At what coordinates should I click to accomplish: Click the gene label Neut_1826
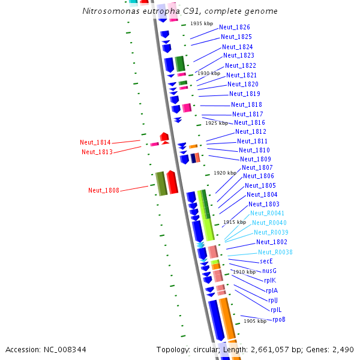pos(235,28)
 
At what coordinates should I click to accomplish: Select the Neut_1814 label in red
pos(95,143)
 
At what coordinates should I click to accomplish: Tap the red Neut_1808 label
pos(104,191)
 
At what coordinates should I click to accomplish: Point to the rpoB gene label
pos(279,320)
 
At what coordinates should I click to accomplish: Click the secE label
pos(266,262)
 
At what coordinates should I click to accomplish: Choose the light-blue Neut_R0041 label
pos(267,214)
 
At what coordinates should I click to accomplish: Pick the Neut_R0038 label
pos(275,253)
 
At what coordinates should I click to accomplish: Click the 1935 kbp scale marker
pos(202,24)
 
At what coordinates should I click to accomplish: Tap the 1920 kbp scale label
pos(225,173)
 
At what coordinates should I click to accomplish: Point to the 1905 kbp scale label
pos(254,321)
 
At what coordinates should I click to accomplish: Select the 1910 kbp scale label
pos(244,272)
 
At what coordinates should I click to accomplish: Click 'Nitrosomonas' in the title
pos(107,11)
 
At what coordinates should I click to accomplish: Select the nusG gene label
pos(269,271)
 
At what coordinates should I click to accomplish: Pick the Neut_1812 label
pos(251,132)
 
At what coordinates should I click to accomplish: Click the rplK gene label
pos(270,280)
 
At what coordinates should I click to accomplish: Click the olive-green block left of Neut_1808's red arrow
pos(161,183)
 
